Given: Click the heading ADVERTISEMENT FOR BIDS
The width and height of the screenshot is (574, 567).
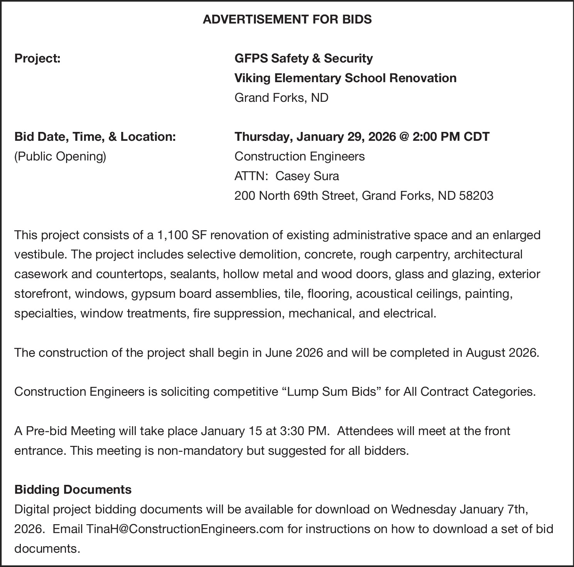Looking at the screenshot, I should (287, 19).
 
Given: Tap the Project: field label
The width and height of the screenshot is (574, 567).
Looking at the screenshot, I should (37, 59).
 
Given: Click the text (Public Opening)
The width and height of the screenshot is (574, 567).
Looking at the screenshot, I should (60, 157).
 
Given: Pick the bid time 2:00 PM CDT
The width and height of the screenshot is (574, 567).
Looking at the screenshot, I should (451, 137).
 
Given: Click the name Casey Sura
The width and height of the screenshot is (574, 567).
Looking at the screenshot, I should (307, 176).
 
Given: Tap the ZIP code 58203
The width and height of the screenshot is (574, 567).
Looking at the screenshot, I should (476, 196).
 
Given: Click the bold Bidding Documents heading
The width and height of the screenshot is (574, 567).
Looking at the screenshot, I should (73, 490).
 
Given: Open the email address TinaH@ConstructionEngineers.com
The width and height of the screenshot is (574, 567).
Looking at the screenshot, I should (185, 529).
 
